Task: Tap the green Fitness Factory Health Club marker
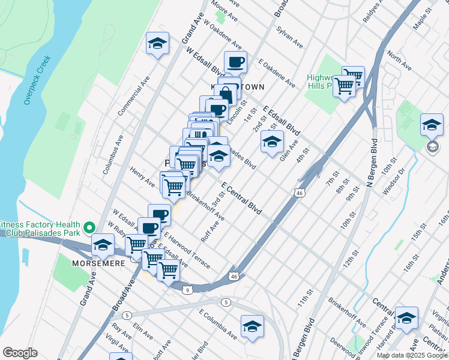(x=89, y=227)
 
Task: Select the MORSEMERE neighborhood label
(x=98, y=263)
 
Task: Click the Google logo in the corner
(x=20, y=353)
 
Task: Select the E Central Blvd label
(x=242, y=199)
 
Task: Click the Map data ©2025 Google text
(x=411, y=355)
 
